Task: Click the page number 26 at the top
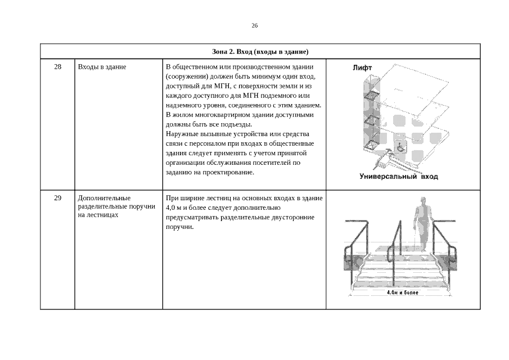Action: coord(254,26)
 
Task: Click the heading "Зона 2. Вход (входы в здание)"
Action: coord(260,52)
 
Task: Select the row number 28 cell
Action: coord(57,67)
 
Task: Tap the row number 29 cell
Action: coord(57,198)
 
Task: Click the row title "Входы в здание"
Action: coord(102,67)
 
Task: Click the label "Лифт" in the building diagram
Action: coord(362,68)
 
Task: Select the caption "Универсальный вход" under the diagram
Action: coord(398,177)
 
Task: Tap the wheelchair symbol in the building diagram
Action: coord(400,148)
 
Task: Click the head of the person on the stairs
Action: coord(424,201)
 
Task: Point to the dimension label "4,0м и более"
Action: coord(403,292)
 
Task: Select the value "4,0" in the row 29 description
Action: coord(171,208)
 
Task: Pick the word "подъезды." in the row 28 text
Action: coord(237,124)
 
